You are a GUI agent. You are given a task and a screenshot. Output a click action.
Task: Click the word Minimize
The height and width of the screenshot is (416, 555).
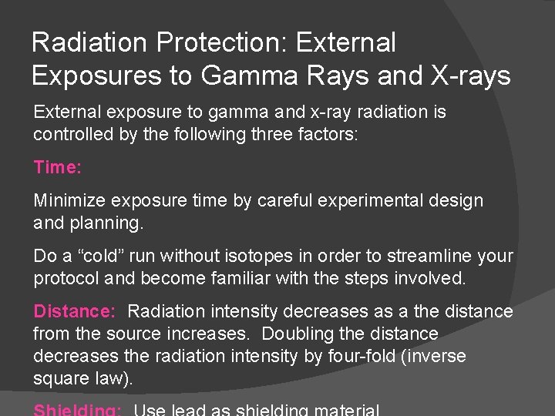[x=70, y=201]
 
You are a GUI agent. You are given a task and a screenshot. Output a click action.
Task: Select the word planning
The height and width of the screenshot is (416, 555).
[x=107, y=223]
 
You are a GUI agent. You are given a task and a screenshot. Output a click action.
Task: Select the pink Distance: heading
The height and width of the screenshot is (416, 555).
[x=75, y=312]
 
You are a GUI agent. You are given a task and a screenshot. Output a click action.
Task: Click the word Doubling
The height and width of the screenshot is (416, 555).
[x=296, y=334]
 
